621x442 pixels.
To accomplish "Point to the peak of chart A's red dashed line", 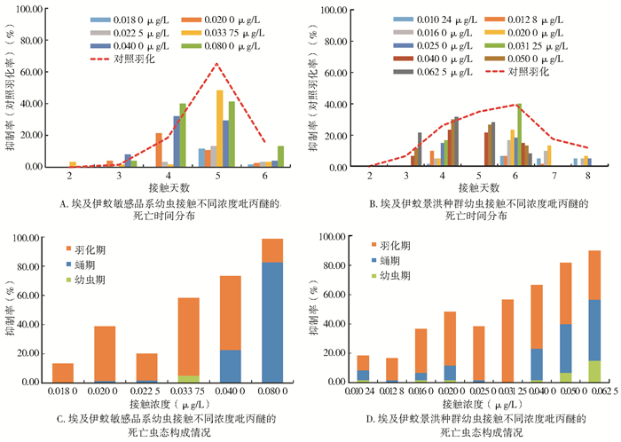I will pyautogui.click(x=216, y=64).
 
